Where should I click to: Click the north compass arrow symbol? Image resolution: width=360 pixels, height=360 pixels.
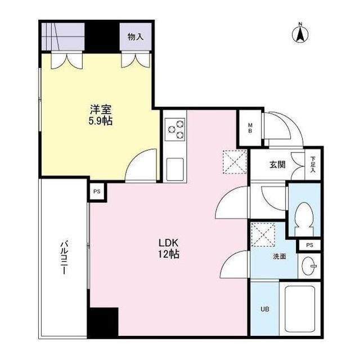pos(300,33)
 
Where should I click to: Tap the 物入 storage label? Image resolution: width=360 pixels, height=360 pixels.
pos(135,37)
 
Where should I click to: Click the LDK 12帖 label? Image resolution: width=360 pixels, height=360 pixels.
pos(168,249)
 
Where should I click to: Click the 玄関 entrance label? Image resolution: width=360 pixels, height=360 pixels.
pos(277,165)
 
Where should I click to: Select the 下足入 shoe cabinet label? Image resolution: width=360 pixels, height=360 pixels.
pos(313,165)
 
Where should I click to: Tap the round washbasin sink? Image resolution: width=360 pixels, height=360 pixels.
pos(309,267)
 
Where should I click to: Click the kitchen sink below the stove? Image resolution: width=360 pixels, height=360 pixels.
pos(175,168)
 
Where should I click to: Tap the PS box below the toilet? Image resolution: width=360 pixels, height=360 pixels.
pos(309,245)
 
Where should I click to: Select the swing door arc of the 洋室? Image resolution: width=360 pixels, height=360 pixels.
pos(141,166)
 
